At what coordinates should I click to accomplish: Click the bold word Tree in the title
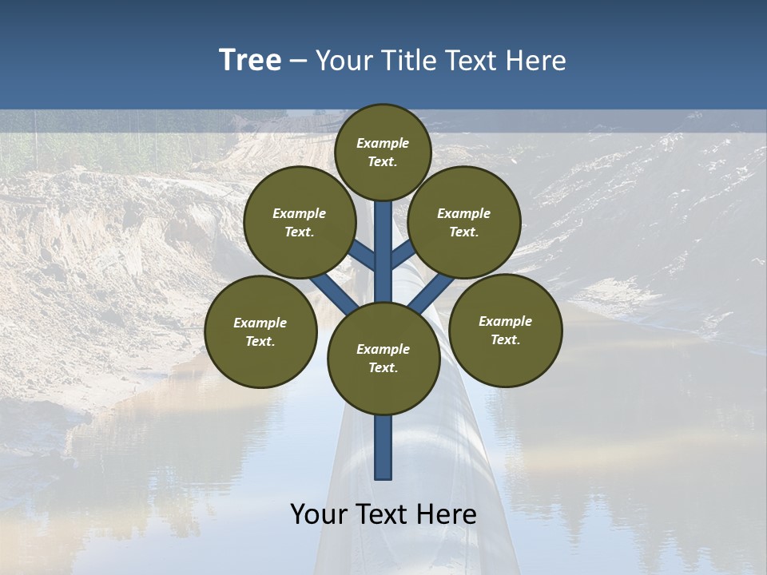click(x=250, y=61)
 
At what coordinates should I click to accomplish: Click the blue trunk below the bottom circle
click(x=383, y=447)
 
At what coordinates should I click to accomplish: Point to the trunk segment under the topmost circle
click(x=383, y=240)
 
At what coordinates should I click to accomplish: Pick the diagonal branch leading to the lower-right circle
click(x=431, y=291)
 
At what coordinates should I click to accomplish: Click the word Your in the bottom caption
click(x=319, y=514)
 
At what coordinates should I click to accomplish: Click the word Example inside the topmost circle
click(x=383, y=144)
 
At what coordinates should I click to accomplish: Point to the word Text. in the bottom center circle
click(x=383, y=368)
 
